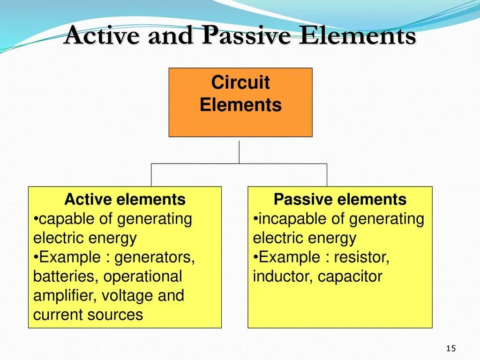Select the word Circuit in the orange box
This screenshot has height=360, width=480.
pos(240,82)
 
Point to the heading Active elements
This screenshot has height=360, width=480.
pos(125,200)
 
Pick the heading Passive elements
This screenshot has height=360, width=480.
pos(340,200)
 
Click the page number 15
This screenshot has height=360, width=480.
pos(451,348)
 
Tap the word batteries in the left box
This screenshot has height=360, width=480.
pos(64,277)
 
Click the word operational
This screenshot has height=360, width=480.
pos(142,277)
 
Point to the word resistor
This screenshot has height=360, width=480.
pos(361,257)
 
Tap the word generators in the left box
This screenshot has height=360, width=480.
pos(155,257)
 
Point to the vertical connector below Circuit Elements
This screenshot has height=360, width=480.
pos(239,152)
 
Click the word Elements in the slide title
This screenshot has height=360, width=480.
pos(358,37)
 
